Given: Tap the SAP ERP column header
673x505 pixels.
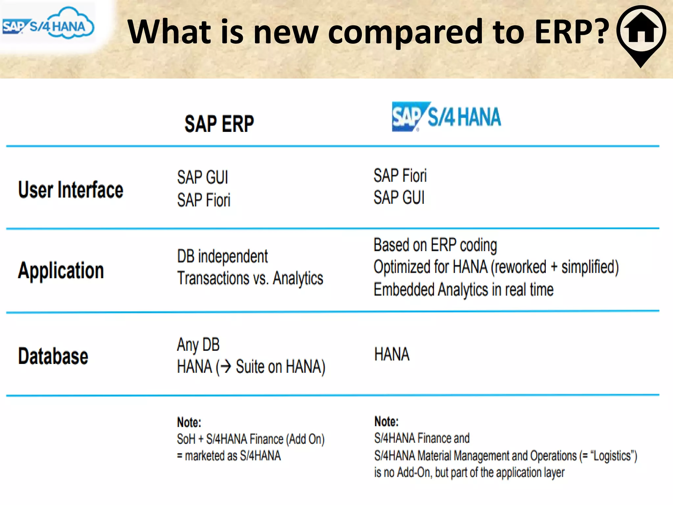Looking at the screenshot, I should coord(219,124).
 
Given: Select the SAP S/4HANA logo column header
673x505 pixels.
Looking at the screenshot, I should coord(446,117).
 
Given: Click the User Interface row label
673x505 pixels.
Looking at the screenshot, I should coord(71,190).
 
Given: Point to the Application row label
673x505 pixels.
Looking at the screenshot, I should coord(61,271).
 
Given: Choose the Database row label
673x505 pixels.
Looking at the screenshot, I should coord(53,356).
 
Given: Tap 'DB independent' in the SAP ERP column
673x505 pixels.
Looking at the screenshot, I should coord(222,256).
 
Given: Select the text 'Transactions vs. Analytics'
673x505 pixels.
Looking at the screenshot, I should coord(250,278).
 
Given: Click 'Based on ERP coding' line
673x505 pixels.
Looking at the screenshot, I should coord(435,245).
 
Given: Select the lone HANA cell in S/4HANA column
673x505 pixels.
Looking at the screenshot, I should coord(392,354).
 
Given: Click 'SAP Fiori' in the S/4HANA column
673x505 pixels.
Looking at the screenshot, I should coord(400,176).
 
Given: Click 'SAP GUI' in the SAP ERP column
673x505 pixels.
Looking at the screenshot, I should coord(202,178).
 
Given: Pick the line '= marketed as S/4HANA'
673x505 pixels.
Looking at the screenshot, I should coord(229,456).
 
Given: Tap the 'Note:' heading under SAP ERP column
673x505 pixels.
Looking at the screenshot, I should coord(189,422).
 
